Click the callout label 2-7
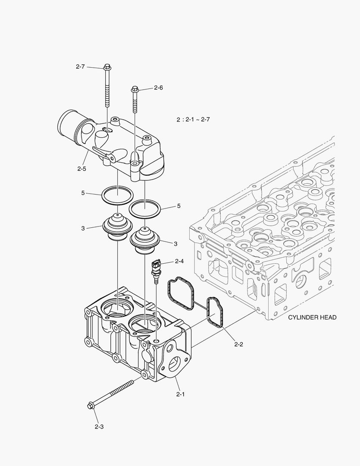click(80, 66)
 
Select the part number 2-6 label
click(158, 88)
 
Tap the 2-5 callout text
click(82, 169)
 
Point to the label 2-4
click(179, 261)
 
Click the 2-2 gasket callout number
click(239, 344)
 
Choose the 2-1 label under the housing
click(180, 394)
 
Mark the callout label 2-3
click(99, 427)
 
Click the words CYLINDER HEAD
click(312, 317)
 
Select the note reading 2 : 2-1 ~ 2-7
click(193, 120)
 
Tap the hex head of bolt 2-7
click(107, 67)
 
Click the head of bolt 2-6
click(135, 89)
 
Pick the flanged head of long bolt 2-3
click(91, 406)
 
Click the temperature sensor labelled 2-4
click(156, 268)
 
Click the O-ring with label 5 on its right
click(145, 209)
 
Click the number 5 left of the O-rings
click(83, 193)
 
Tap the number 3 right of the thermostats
click(175, 244)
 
